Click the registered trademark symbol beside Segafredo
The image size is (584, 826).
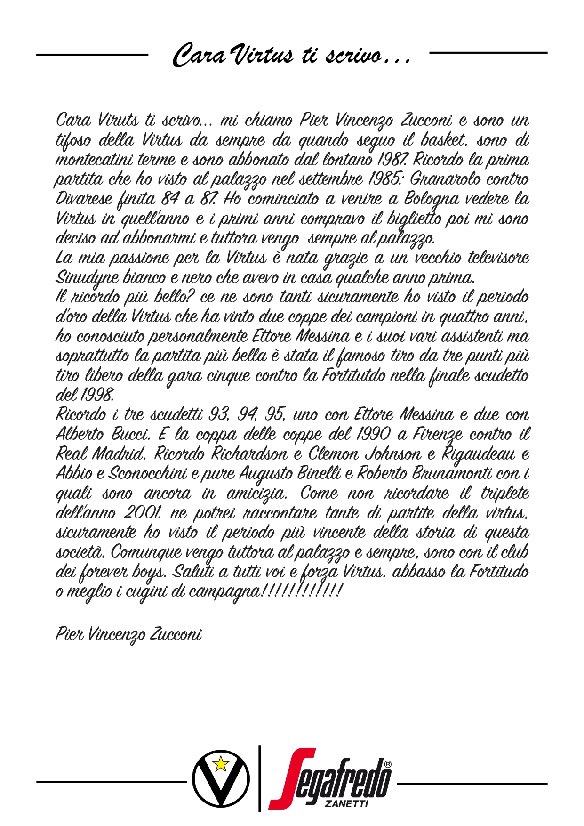pos(388,764)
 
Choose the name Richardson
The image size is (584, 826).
pos(249,453)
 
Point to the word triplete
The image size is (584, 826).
pos(504,493)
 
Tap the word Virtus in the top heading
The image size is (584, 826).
pos(264,56)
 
